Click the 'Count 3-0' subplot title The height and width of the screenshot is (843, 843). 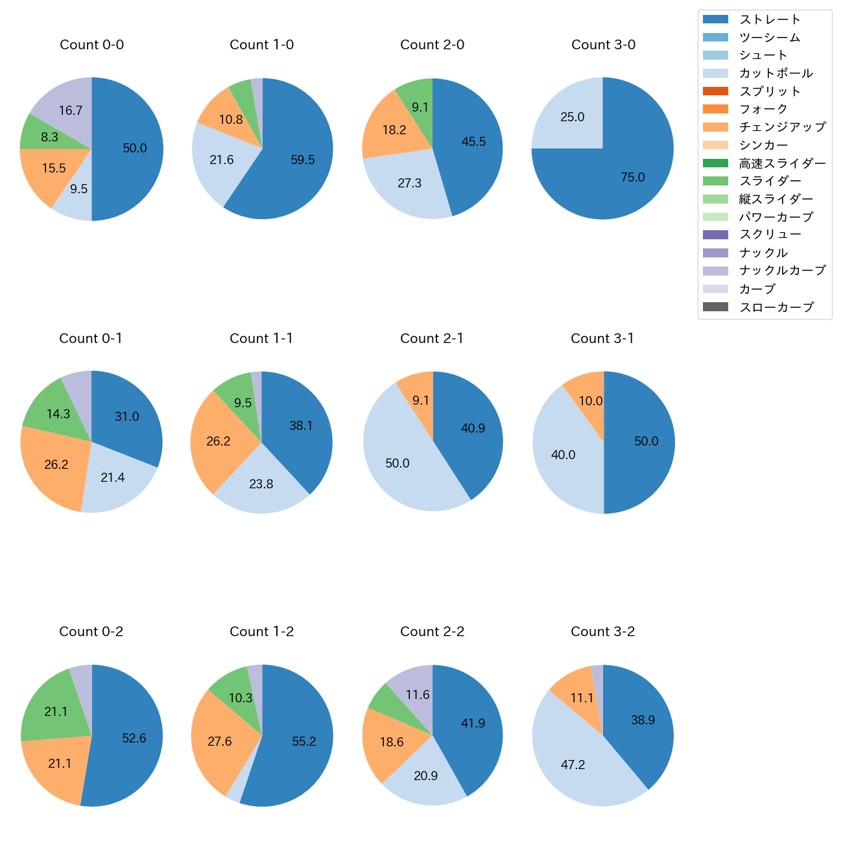point(603,45)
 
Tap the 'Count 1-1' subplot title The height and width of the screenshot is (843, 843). point(261,338)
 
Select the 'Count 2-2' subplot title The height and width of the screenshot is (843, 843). point(432,632)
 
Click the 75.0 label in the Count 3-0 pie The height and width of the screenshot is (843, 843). point(633,177)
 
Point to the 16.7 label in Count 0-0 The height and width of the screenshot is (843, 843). point(71,110)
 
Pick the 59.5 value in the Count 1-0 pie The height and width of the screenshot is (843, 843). point(303,160)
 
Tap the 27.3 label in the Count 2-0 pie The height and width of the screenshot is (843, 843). point(410,183)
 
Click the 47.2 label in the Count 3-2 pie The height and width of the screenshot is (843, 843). point(573,765)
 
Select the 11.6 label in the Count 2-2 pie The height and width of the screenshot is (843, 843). point(418,695)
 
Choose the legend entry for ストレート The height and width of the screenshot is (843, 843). point(770,19)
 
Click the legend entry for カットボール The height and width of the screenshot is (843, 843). point(776,73)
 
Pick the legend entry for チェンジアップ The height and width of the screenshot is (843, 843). point(782,127)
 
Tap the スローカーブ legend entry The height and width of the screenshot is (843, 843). point(776,307)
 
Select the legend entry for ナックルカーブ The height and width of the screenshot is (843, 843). point(782,271)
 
